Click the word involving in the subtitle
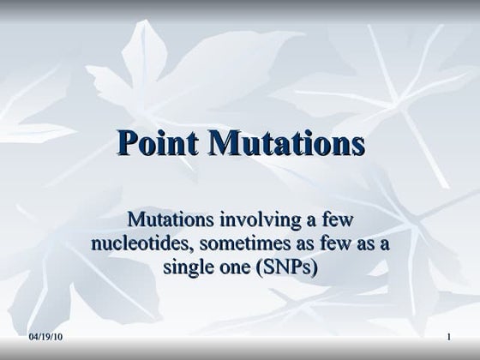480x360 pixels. pos(260,221)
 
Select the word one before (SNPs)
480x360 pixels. pos(233,267)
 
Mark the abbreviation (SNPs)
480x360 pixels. pos(286,267)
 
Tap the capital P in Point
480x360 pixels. pos(126,143)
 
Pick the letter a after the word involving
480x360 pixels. pos(308,221)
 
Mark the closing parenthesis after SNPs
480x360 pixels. pos(314,267)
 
